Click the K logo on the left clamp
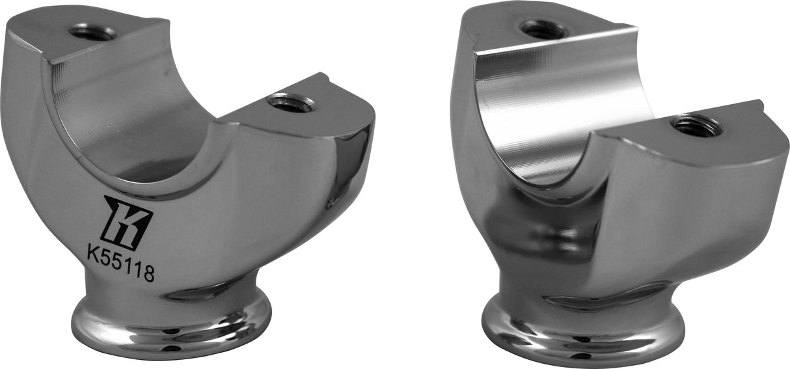tap(128, 222)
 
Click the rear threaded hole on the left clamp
tap(92, 33)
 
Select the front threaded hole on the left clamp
tap(292, 102)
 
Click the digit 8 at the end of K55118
tap(149, 273)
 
